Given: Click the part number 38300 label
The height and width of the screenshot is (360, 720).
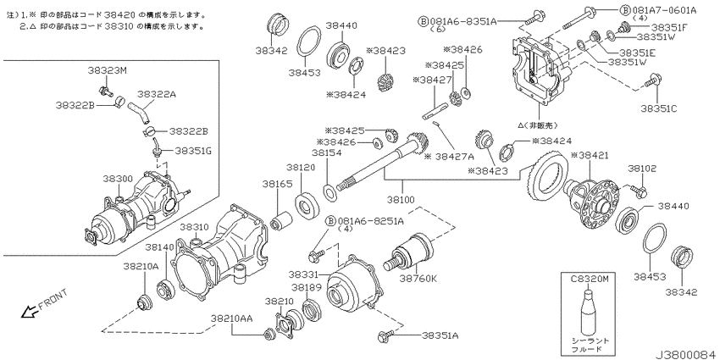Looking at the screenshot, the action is point(118,178).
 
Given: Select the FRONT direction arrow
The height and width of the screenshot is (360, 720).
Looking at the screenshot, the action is point(29,312).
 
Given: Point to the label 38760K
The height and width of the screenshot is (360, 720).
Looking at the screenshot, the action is point(418,278).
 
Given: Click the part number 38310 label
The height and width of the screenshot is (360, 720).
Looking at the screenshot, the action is point(194,227).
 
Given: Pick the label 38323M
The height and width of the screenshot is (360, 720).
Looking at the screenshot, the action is point(106,70).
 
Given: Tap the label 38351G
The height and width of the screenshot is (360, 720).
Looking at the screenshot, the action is point(193,151).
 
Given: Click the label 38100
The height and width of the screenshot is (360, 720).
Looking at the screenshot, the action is point(401,200).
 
